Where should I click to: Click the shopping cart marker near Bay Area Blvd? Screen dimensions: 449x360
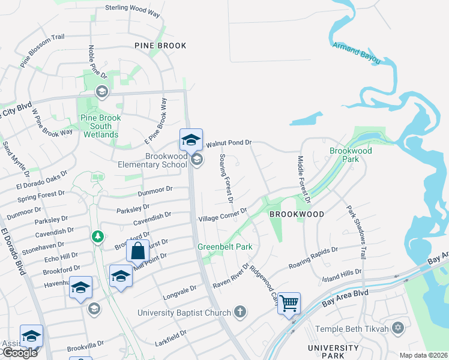pos(289,302)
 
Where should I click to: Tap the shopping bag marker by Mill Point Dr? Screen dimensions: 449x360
pos(137,250)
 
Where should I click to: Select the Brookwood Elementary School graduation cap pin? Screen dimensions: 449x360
pos(191,140)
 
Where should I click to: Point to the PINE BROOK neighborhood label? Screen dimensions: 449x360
pos(160,46)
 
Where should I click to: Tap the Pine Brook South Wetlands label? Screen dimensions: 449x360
pos(101,126)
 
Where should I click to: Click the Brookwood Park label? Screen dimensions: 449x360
pos(351,155)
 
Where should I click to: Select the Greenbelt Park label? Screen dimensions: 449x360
pos(225,247)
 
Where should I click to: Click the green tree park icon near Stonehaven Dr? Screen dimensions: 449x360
pos(97,236)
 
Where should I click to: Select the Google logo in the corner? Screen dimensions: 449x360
pos(19,353)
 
